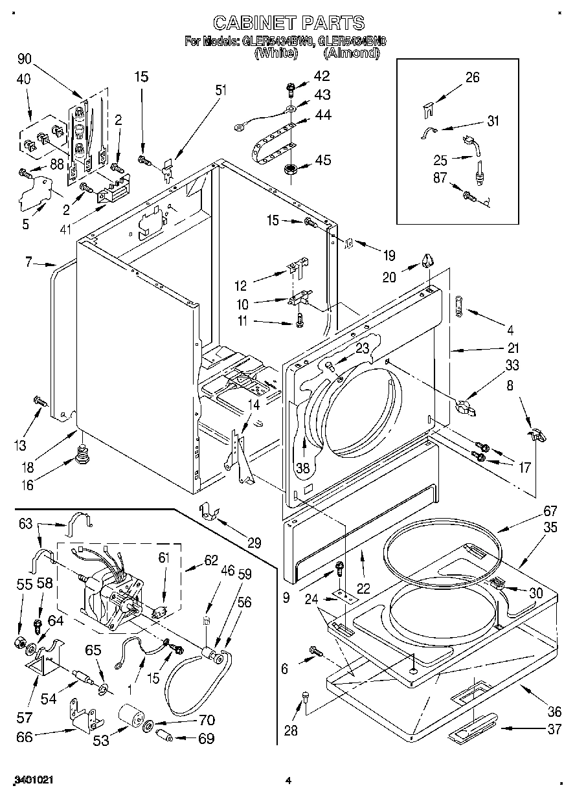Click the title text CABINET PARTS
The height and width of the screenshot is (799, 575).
coord(288,24)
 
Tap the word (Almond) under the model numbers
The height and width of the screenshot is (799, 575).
coord(350,54)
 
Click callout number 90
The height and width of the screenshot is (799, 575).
coord(25,59)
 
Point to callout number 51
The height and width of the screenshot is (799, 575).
coord(221,91)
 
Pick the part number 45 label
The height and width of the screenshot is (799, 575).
coord(322,160)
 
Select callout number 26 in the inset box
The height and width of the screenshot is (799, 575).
coord(472,77)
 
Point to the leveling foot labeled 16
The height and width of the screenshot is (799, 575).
coord(82,455)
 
